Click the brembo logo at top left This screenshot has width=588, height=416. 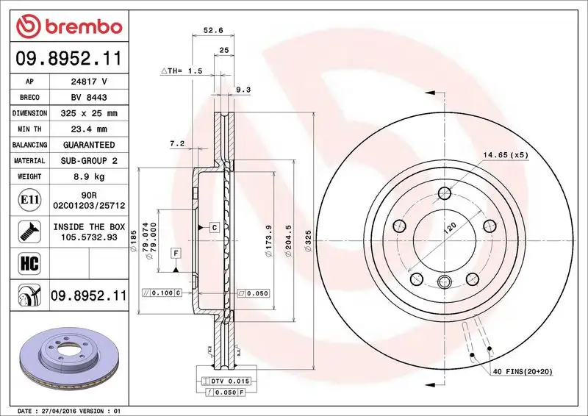click(x=68, y=26)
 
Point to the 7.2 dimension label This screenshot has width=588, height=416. click(x=176, y=143)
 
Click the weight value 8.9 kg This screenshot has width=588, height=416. click(x=89, y=176)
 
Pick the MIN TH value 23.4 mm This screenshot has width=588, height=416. click(x=89, y=129)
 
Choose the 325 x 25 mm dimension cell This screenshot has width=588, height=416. click(x=89, y=113)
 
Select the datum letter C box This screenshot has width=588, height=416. click(x=214, y=227)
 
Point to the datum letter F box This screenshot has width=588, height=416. click(x=176, y=254)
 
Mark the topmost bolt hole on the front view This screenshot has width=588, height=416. click(x=444, y=193)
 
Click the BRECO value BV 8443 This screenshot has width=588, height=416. click(x=89, y=97)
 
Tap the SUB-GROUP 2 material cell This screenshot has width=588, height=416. click(x=89, y=160)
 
